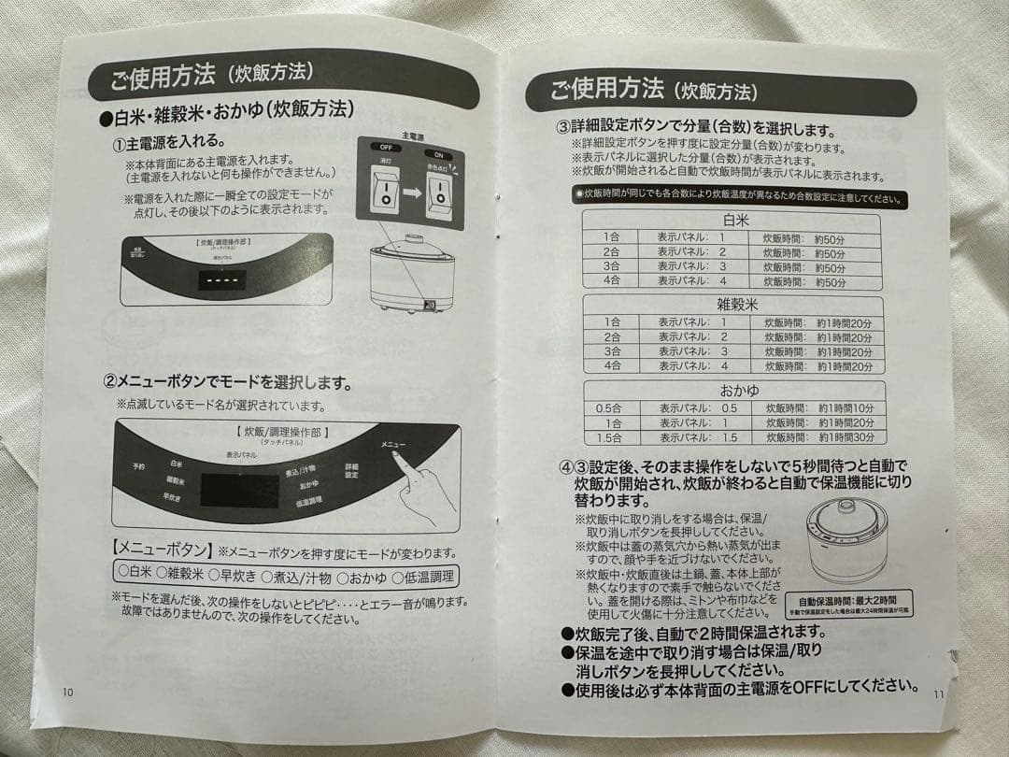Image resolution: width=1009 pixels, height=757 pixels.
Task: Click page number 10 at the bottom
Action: tap(67, 693)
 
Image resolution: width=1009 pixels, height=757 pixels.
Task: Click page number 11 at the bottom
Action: tap(940, 695)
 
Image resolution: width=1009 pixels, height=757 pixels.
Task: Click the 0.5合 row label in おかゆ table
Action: tap(608, 407)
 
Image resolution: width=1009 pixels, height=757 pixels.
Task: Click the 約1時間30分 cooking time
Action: tap(846, 437)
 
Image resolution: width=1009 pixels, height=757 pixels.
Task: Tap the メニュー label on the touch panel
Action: tap(393, 444)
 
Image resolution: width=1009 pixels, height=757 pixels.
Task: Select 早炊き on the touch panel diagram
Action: tap(171, 496)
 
